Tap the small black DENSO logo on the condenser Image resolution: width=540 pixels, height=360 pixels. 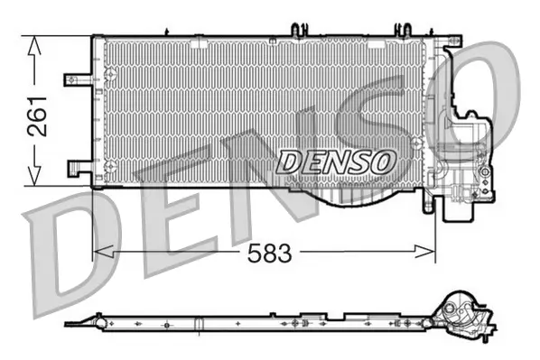pyautogui.click(x=336, y=162)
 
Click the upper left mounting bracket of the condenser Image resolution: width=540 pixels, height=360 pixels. pyautogui.click(x=76, y=79)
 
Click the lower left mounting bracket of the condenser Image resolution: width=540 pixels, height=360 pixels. pyautogui.click(x=77, y=166)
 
